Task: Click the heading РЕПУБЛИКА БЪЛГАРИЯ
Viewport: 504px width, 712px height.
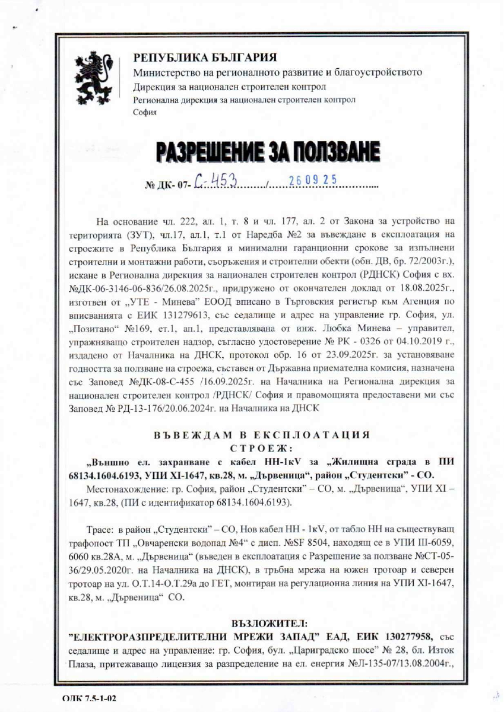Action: point(205,58)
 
